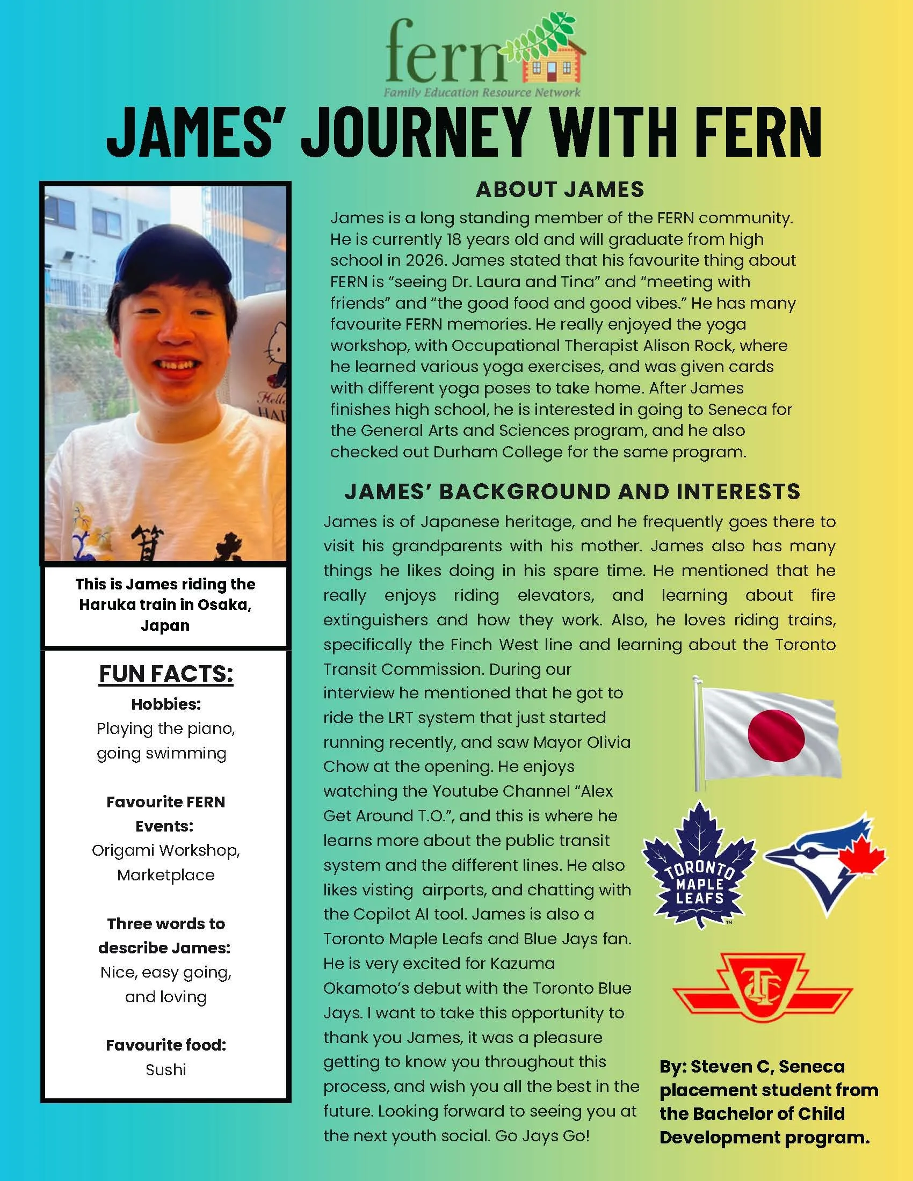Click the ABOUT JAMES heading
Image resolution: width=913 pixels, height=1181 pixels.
(560, 190)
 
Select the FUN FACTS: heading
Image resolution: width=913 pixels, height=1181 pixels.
(165, 674)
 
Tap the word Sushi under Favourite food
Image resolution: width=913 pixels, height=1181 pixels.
(165, 1069)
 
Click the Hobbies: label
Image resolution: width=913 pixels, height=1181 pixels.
(165, 704)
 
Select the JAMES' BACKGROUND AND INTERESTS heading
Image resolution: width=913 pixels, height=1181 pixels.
(573, 492)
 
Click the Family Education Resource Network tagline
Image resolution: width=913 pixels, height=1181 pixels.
(482, 92)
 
